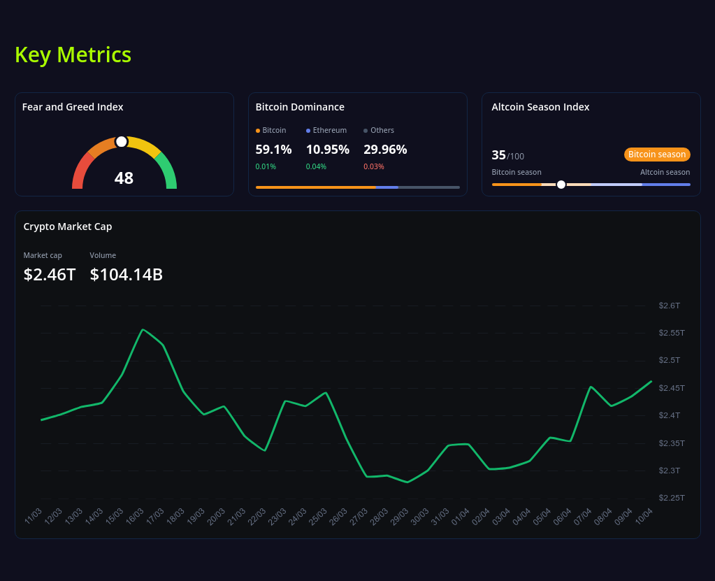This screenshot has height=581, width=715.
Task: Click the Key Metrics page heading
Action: (x=73, y=55)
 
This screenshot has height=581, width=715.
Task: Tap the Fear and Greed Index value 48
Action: (x=124, y=178)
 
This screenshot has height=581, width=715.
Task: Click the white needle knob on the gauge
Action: (x=122, y=142)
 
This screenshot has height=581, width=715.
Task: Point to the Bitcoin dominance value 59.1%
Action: (x=273, y=149)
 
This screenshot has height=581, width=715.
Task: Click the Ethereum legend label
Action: (x=329, y=130)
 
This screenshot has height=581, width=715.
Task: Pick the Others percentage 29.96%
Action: (x=385, y=149)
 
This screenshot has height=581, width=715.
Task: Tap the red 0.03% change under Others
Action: (x=374, y=166)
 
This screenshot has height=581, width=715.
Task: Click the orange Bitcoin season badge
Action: (x=657, y=155)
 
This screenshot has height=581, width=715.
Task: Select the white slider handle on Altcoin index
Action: (x=561, y=185)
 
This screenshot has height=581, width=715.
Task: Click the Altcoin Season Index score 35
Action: (x=498, y=155)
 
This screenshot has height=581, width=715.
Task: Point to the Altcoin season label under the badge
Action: (x=665, y=172)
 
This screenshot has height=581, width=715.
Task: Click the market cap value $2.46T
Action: (x=50, y=275)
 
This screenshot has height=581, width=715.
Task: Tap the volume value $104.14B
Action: (x=127, y=275)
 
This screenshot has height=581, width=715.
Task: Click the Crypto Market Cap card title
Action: (x=68, y=227)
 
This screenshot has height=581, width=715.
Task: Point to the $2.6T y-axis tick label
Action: (x=669, y=306)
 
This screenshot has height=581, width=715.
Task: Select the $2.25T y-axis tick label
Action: (x=671, y=498)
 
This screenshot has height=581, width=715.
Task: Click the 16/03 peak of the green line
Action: (x=143, y=329)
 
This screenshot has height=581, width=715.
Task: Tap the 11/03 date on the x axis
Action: (x=33, y=516)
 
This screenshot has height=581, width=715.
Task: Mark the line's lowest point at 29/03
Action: (x=407, y=482)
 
